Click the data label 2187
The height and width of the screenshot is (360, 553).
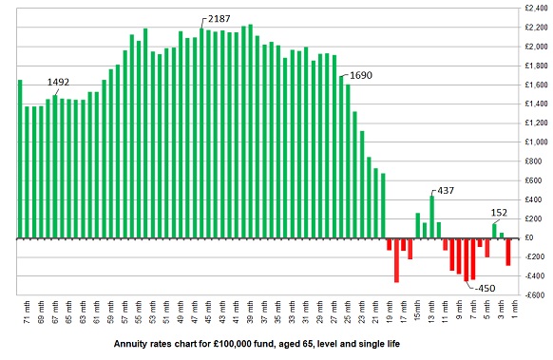pos(218,19)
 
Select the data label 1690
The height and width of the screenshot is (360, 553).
pos(361,74)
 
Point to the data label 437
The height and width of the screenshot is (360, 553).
pos(445,190)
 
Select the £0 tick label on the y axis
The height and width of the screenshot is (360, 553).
pos(538,237)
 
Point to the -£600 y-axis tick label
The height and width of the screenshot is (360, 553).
pos(532,295)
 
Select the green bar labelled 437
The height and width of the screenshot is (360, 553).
pos(432,217)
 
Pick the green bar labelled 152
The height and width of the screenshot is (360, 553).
pos(494,231)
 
